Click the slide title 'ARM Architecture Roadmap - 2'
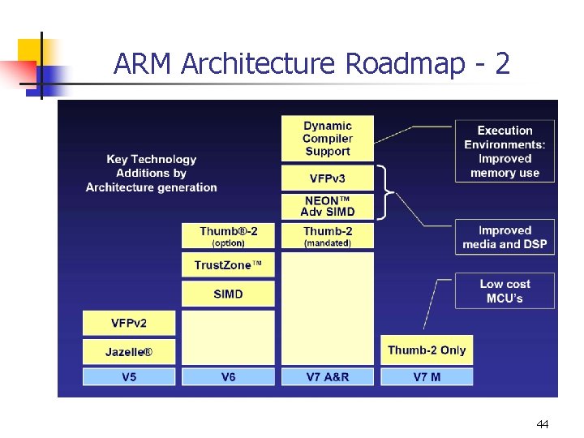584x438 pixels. point(312,63)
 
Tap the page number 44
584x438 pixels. point(543,424)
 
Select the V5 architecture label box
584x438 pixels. point(129,376)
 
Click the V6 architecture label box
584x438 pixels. point(228,376)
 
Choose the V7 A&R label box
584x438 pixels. point(328,376)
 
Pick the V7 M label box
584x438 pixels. point(427,376)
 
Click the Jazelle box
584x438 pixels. point(129,351)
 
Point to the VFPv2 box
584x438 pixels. point(129,323)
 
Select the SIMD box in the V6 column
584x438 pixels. point(228,294)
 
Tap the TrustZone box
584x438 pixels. point(228,265)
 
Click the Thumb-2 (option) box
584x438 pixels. point(228,236)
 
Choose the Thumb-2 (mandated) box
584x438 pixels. point(328,236)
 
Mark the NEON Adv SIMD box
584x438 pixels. point(328,206)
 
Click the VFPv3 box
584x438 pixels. point(328,178)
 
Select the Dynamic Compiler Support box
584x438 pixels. point(328,138)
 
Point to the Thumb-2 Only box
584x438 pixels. point(427,350)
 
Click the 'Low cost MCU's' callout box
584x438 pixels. point(505,290)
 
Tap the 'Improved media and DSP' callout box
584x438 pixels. point(505,237)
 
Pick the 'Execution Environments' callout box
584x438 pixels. point(505,151)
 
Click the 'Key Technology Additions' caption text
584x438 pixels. point(152,173)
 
